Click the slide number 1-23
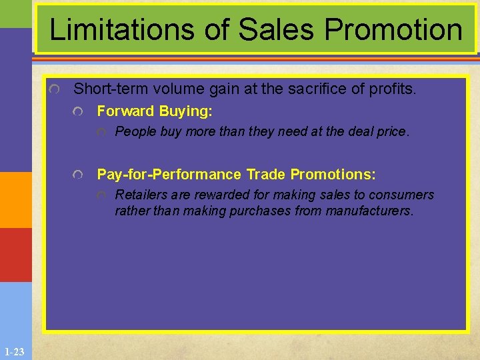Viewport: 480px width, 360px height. [x=14, y=351]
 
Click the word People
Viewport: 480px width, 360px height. [x=135, y=131]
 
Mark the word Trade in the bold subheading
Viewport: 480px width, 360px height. [x=266, y=175]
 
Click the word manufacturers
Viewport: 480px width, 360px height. [x=369, y=211]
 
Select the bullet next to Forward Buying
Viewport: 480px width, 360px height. [x=79, y=111]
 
